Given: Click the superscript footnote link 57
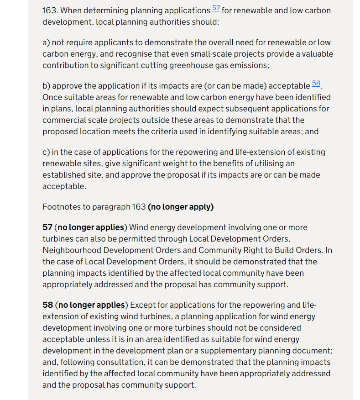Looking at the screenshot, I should pyautogui.click(x=216, y=9).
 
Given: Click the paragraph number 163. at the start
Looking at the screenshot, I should pyautogui.click(x=50, y=11).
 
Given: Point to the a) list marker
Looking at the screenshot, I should pyautogui.click(x=46, y=42).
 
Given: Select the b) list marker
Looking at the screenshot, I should pyautogui.click(x=46, y=86).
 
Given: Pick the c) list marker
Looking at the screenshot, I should pyautogui.click(x=46, y=152).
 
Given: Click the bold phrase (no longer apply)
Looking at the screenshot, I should pyautogui.click(x=181, y=207).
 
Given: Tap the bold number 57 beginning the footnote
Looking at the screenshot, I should pyautogui.click(x=47, y=227).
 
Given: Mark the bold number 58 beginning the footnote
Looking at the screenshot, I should pyautogui.click(x=47, y=305).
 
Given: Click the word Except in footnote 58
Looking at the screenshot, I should pyautogui.click(x=146, y=305).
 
